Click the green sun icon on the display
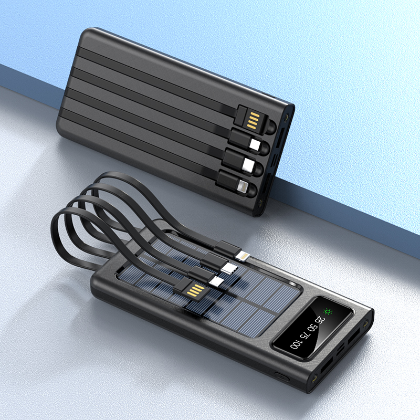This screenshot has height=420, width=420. click(x=328, y=312)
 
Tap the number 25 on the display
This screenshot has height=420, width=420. click(x=320, y=321)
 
